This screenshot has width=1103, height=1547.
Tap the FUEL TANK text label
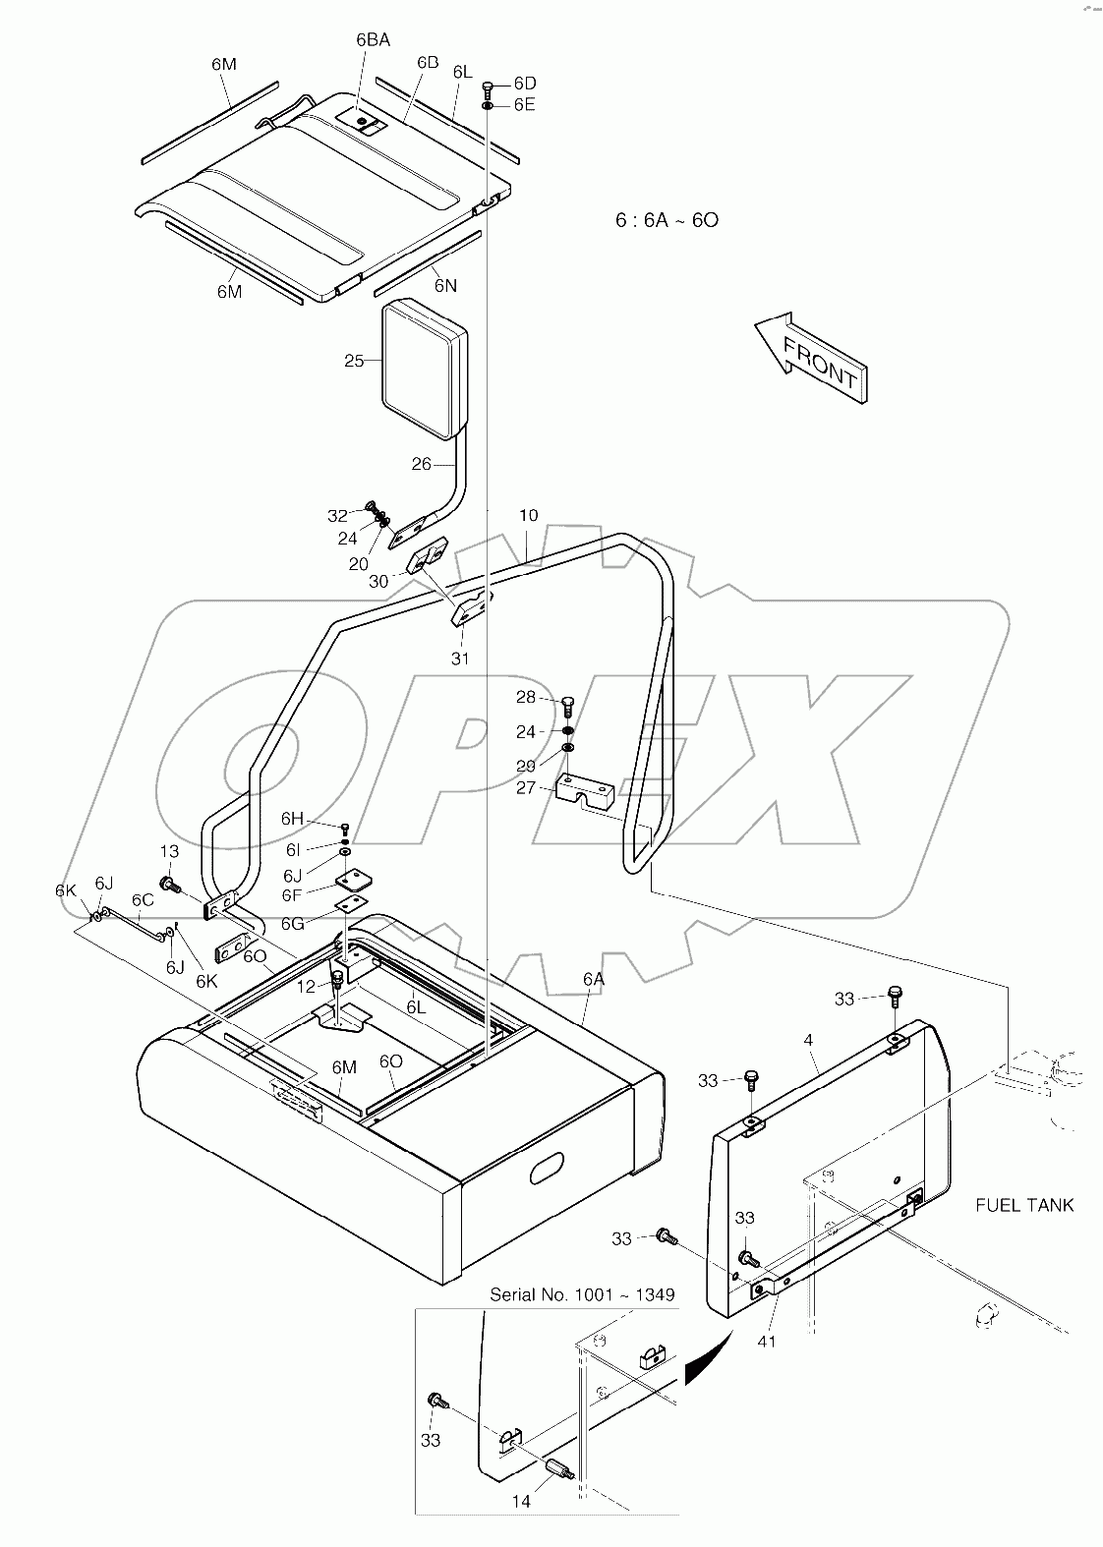coord(1024,1205)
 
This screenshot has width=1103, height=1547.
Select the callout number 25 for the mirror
coord(354,362)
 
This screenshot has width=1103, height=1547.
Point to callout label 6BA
coord(373,40)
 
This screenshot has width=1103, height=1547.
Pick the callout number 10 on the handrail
coord(528,515)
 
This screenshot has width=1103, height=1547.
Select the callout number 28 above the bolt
coord(526,697)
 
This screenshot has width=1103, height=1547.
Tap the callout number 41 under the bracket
coord(767,1341)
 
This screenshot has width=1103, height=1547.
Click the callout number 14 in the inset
coord(522,1502)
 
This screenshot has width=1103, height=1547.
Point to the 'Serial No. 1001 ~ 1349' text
coord(582,1294)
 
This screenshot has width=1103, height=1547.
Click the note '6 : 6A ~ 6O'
coord(667,220)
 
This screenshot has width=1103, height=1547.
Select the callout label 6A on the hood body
coord(593,979)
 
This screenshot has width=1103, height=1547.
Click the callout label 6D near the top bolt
coord(525,84)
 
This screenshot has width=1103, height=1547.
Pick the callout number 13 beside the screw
coord(169,851)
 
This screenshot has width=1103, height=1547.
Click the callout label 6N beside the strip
coord(445,285)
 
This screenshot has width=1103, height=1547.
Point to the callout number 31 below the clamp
coord(460,659)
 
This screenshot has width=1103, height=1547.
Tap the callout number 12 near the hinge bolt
coord(308,986)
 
